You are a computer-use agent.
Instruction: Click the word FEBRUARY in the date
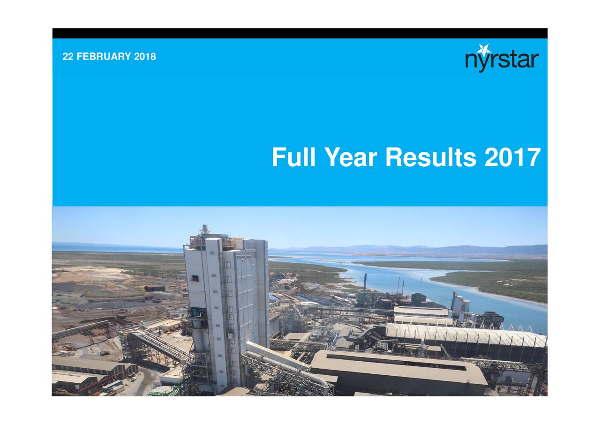point(104,57)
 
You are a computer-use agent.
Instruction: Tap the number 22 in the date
point(68,57)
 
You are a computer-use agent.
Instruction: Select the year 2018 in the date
point(145,57)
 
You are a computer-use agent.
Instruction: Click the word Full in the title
point(293,157)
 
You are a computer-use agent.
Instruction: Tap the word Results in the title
point(431,157)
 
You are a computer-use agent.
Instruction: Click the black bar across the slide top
point(300,33)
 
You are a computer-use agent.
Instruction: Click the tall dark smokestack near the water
point(365,283)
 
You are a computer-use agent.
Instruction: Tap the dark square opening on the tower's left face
point(195,278)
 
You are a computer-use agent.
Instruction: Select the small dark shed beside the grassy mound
point(155,289)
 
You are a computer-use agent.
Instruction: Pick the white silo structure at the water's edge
point(460,302)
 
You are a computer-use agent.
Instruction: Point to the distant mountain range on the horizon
point(412,249)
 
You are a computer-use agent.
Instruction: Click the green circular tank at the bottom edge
point(164,391)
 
